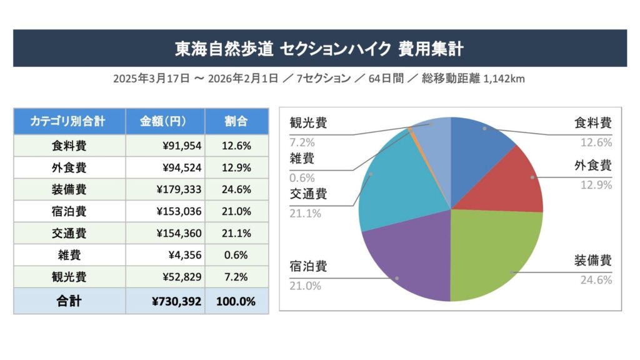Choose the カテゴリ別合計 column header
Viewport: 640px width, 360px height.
69,121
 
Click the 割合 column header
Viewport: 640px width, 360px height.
236,121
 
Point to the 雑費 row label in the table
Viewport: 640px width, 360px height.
69,255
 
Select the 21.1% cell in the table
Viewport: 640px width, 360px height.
236,233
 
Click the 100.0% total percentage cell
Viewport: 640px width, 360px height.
236,301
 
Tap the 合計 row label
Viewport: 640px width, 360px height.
69,301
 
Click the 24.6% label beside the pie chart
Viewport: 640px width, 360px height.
596,279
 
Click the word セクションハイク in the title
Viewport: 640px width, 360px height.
336,48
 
